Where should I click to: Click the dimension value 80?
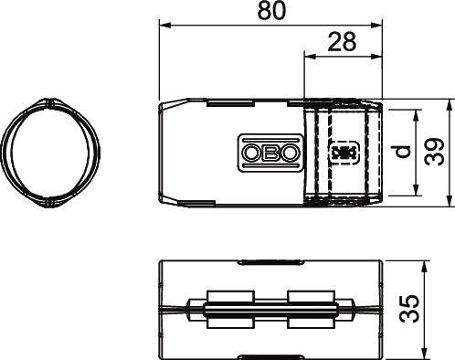[270, 12]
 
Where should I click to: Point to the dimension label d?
[400, 152]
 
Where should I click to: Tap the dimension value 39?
[436, 152]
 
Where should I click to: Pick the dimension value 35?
[436, 308]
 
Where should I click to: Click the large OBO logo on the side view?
[269, 152]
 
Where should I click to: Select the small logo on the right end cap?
[343, 152]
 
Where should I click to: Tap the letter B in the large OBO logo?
[269, 152]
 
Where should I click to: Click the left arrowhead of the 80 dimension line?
[164, 25]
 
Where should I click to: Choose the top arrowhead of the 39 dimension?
[449, 101]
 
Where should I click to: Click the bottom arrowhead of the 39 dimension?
[449, 202]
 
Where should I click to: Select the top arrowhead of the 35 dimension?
[424, 266]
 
